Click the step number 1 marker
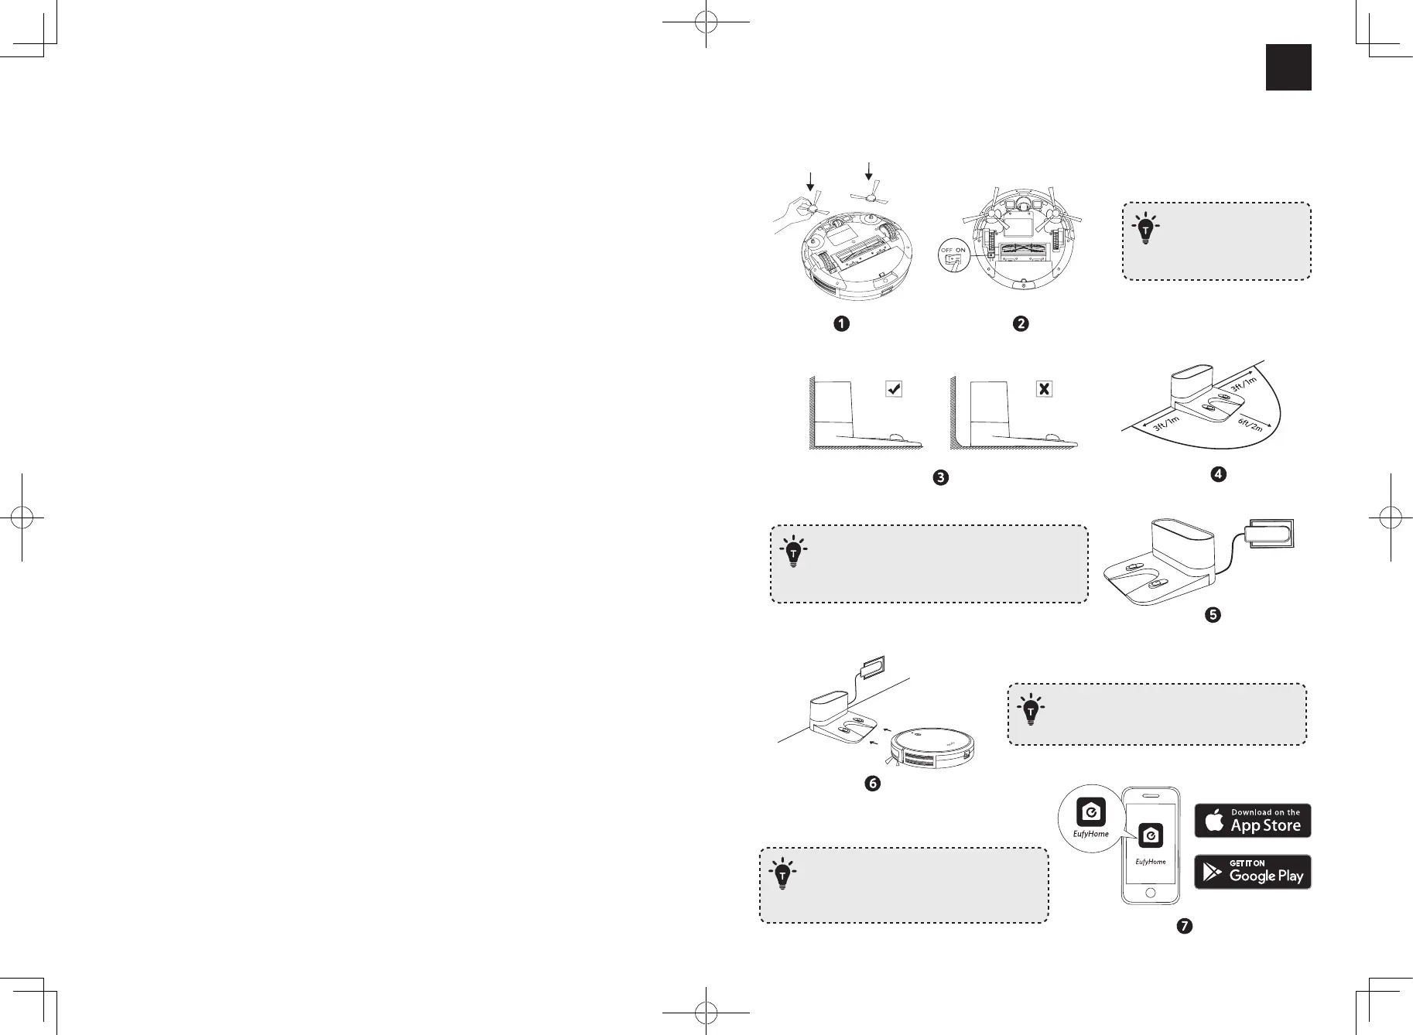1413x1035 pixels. point(841,324)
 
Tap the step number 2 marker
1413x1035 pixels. point(1021,324)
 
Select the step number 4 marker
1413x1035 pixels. point(1218,473)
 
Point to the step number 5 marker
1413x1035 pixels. point(1213,615)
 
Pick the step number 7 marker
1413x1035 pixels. point(1184,925)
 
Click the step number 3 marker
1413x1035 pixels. point(940,477)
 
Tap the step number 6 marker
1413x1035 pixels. point(872,784)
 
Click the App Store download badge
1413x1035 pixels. point(1253,821)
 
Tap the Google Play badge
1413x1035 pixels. point(1253,872)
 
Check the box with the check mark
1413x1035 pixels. point(894,389)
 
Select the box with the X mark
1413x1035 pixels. point(1045,389)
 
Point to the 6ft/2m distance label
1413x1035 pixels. point(1249,424)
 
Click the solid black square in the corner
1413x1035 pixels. point(1288,67)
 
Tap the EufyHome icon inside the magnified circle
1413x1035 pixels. point(1091,812)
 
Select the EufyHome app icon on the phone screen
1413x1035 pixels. point(1151,837)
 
